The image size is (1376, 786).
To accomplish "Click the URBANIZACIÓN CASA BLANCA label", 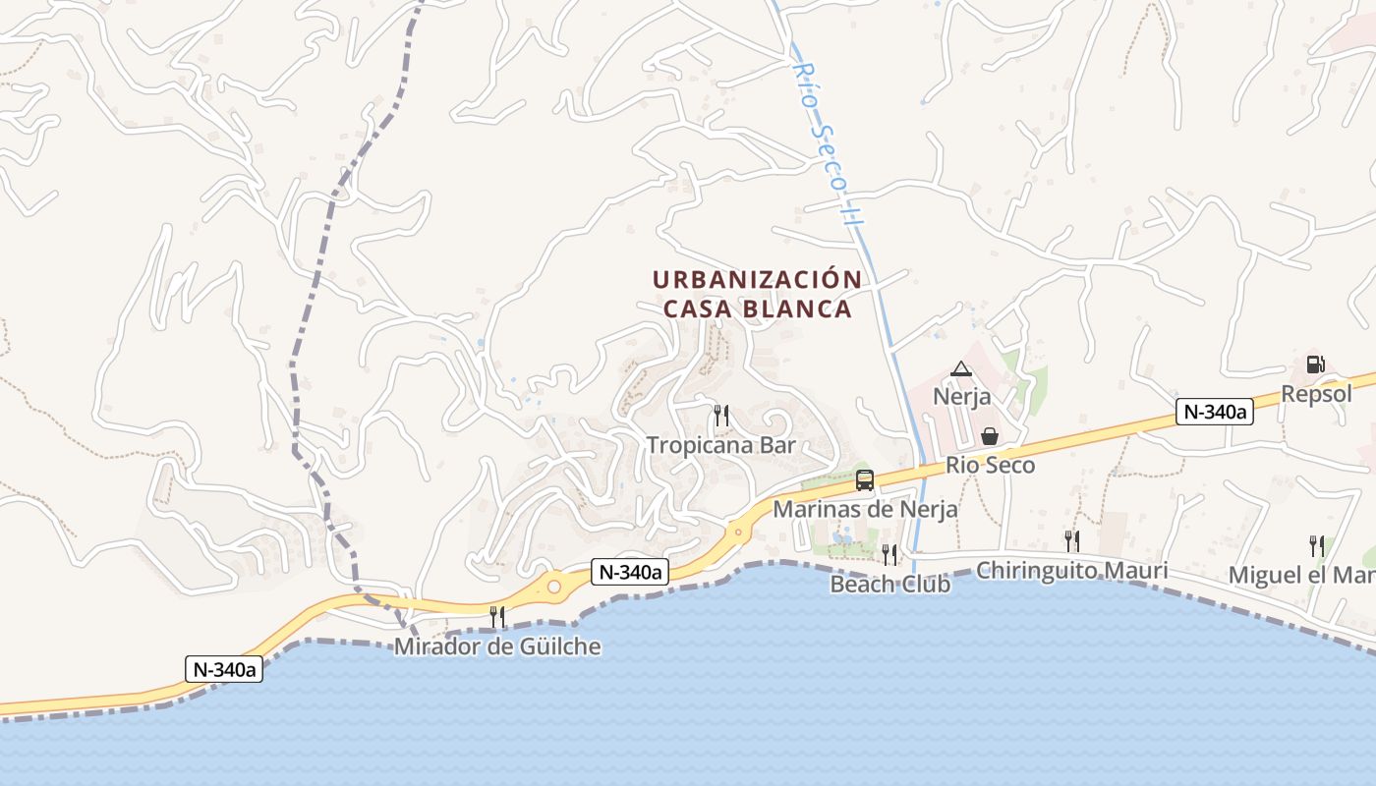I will (x=757, y=294).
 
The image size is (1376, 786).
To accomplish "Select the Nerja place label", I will (x=961, y=397).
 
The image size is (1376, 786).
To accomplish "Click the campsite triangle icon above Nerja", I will (x=961, y=369).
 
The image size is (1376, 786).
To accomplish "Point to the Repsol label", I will (x=1316, y=394).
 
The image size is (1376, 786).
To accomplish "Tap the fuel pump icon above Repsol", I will (x=1315, y=365).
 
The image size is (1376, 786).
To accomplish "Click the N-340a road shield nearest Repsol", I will (x=1215, y=412).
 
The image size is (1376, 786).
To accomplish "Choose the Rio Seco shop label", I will (x=991, y=465).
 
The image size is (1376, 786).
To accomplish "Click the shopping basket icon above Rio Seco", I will (x=990, y=436).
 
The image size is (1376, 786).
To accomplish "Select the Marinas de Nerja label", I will (x=865, y=509).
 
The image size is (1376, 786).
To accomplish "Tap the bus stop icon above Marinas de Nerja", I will (x=865, y=480).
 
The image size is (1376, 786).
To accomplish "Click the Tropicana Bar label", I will (x=720, y=444).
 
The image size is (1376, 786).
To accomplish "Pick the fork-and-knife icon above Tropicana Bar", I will (x=720, y=415).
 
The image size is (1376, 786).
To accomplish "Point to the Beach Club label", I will (x=889, y=584).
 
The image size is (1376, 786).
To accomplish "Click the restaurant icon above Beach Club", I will (x=889, y=555).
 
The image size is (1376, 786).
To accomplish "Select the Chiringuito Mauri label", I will (x=1071, y=570).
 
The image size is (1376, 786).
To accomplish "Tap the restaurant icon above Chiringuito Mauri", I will (x=1071, y=540).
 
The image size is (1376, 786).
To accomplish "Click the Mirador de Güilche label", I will (x=497, y=646).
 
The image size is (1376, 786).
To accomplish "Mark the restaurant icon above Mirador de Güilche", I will (x=497, y=617).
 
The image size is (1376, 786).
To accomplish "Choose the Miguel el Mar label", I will (x=1302, y=575).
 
